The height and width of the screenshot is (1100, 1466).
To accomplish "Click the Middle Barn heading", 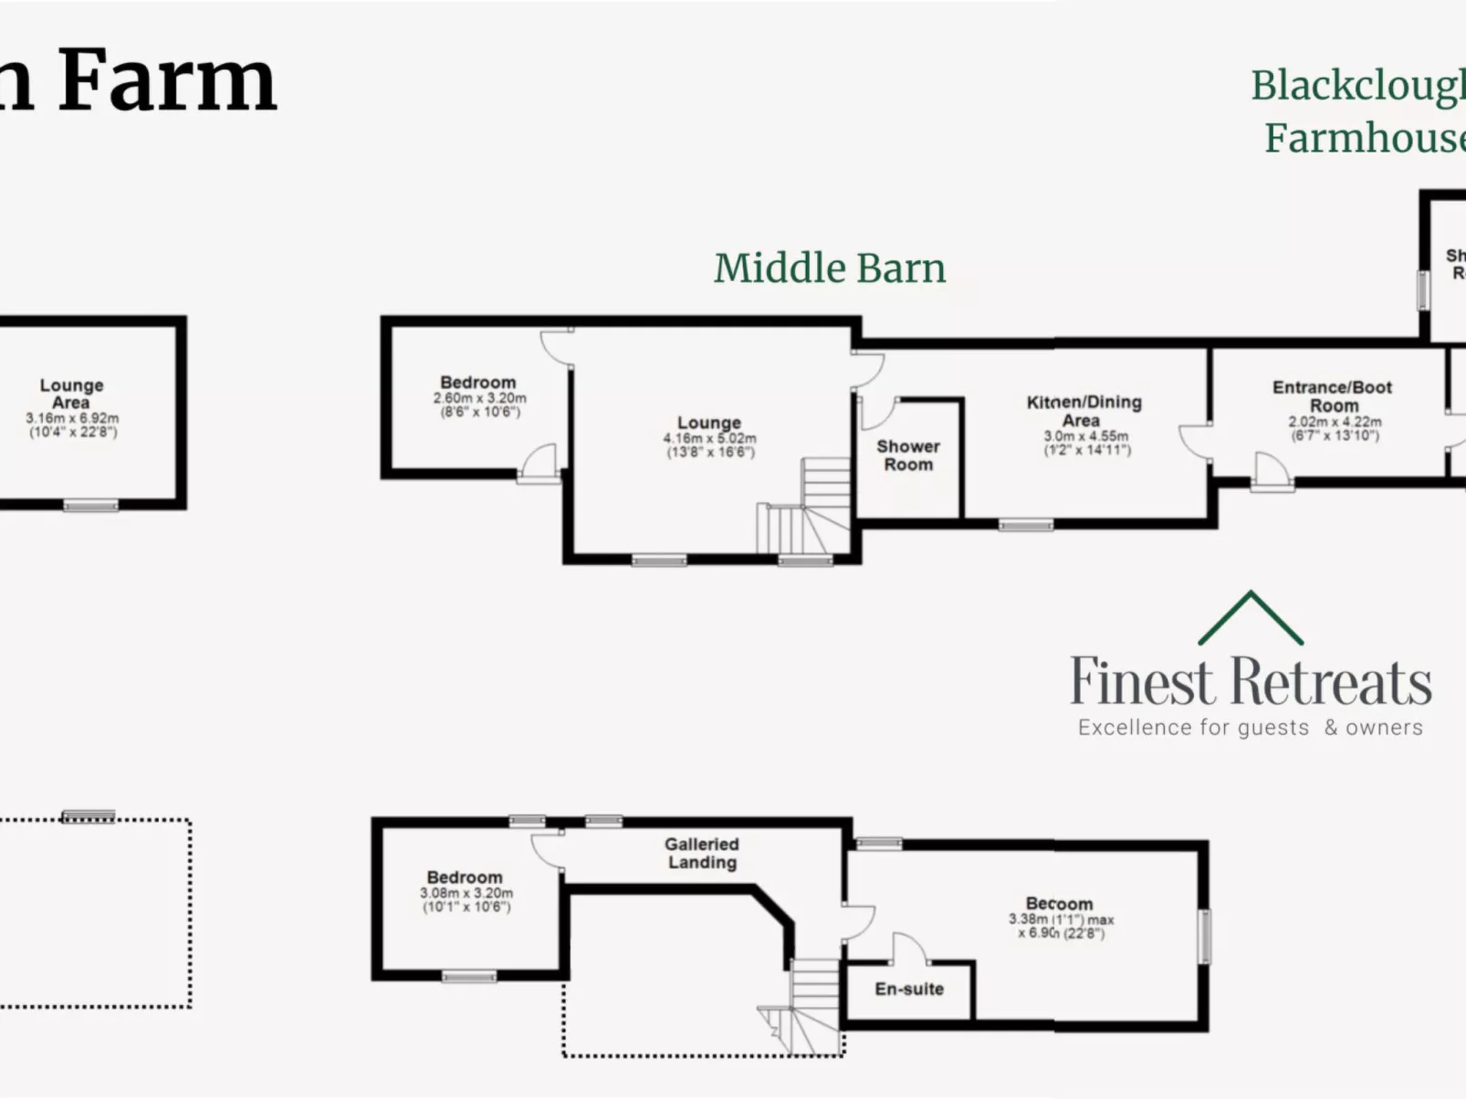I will pos(829,268).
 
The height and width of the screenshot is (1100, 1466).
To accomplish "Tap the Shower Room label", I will pos(907,455).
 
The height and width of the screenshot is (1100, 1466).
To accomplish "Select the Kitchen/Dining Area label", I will pos(1084,411).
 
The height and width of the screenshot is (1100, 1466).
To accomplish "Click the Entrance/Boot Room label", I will pos(1332,395).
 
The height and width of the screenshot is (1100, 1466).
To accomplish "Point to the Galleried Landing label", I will pos(701,853).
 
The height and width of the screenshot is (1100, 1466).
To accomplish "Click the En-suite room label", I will pos(908,989).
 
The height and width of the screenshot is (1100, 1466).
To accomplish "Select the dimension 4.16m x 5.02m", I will pos(709,439).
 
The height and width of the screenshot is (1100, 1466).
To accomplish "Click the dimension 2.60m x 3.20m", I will pos(479,399).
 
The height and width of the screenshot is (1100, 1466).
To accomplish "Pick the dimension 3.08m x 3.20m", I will pos(466,894).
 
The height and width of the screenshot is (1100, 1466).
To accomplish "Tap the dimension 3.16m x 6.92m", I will pos(72,418).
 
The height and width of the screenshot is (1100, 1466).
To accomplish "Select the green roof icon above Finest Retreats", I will pos(1250,618).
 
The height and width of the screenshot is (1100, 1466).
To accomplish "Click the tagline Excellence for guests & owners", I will pos(1250,728).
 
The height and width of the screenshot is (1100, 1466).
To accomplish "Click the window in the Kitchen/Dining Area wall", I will pos(1025,524).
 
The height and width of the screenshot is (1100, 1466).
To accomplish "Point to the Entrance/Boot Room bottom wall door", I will pos(1272,473).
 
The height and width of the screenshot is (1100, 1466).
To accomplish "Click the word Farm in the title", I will pos(167,82).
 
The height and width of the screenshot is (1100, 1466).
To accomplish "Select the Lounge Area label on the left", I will pos(71,393).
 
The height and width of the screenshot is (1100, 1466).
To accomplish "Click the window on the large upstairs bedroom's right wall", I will pos(1204,936).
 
